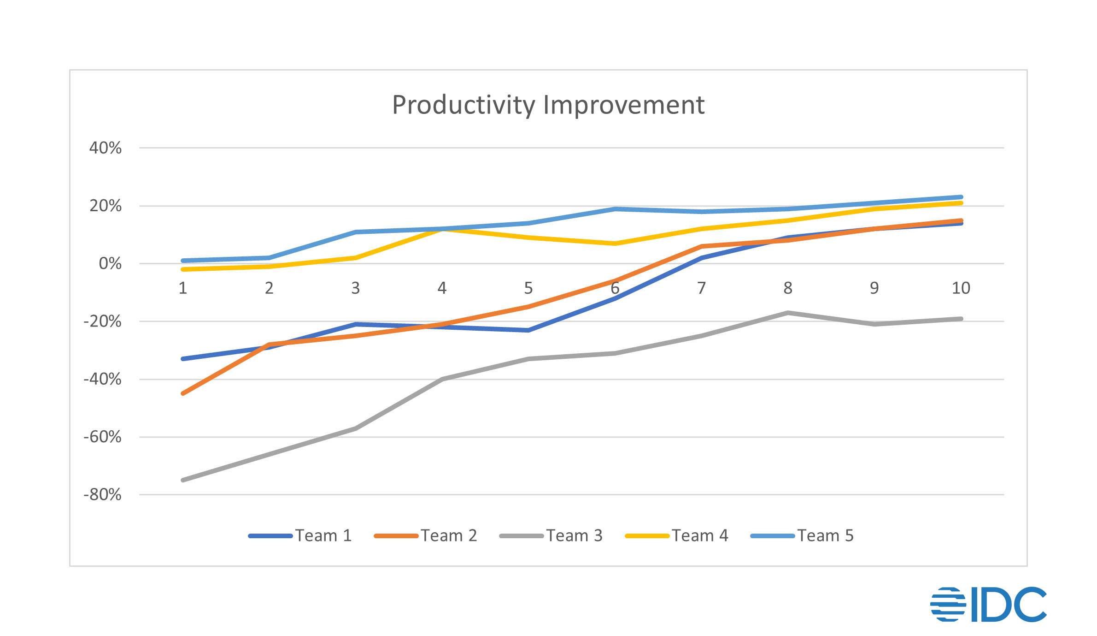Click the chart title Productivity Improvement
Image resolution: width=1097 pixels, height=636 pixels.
pyautogui.click(x=548, y=105)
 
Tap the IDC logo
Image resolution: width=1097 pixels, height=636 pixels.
pyautogui.click(x=988, y=604)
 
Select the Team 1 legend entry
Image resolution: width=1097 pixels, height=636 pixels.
pyautogui.click(x=300, y=535)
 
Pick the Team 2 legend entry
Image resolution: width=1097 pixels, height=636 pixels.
pyautogui.click(x=426, y=535)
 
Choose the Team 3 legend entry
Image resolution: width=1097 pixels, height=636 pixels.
pyautogui.click(x=551, y=535)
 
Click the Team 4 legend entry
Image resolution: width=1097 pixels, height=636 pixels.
pyautogui.click(x=677, y=535)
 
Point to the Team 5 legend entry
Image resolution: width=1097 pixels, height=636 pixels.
pyautogui.click(x=803, y=535)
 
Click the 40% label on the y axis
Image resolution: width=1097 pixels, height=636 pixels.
pyautogui.click(x=106, y=148)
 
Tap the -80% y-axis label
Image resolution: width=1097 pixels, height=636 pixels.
pyautogui.click(x=102, y=495)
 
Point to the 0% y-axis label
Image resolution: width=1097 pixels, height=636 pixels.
pyautogui.click(x=110, y=264)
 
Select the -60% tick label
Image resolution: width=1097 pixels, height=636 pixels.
pyautogui.click(x=102, y=437)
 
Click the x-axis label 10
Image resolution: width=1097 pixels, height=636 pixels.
pyautogui.click(x=961, y=288)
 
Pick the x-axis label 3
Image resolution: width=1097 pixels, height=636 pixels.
pyautogui.click(x=356, y=288)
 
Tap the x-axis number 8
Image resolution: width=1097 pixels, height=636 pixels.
pyautogui.click(x=788, y=288)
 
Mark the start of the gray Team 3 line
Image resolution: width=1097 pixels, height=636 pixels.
pyautogui.click(x=183, y=480)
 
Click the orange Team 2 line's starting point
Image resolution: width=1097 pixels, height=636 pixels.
pyautogui.click(x=183, y=393)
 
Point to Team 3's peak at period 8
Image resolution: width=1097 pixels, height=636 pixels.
pyautogui.click(x=788, y=313)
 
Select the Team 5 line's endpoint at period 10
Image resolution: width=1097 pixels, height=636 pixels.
pyautogui.click(x=961, y=197)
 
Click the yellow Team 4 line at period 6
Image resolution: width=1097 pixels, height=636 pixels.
pyautogui.click(x=615, y=244)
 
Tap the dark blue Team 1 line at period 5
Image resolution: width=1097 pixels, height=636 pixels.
pyautogui.click(x=528, y=330)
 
